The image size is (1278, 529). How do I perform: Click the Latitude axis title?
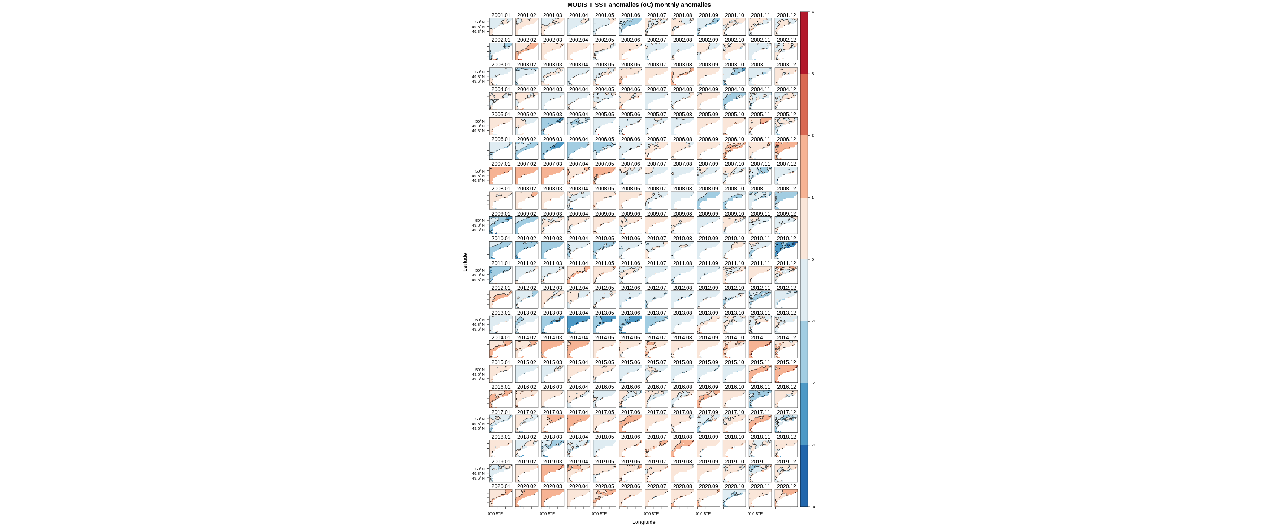pos(465,262)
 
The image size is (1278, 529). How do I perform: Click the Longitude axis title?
pos(643,522)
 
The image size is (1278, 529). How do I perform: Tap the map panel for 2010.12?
pos(786,250)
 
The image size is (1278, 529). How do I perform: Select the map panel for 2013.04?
pos(579,325)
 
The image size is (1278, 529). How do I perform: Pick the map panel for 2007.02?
pos(527,175)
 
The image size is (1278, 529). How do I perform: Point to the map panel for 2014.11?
pos(760,349)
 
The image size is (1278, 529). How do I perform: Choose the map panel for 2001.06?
pos(630,27)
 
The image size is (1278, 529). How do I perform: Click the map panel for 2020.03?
pos(553,498)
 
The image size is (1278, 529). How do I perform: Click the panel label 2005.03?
pos(553,115)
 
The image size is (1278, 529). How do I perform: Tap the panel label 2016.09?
pos(708,388)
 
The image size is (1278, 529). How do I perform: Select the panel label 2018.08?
pos(682,437)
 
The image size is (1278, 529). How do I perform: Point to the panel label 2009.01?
pos(501,214)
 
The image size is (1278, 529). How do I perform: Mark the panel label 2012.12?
pos(786,288)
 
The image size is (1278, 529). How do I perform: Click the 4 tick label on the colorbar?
pos(812,12)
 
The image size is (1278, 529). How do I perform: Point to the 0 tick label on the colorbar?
pos(812,259)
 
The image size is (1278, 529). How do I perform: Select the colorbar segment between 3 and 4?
pos(804,43)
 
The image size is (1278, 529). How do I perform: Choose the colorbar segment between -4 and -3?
pos(804,476)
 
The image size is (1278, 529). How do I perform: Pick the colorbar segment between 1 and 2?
pos(804,166)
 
